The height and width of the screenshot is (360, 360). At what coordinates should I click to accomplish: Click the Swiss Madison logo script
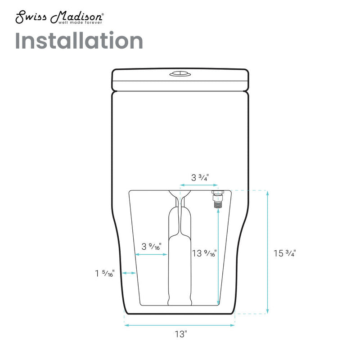[59, 17]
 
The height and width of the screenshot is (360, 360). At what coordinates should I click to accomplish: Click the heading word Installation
[79, 40]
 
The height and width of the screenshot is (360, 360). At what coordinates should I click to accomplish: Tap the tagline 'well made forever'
[80, 22]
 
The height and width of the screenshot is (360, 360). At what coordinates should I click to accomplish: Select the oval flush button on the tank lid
[180, 74]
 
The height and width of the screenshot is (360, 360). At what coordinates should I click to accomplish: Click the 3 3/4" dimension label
[200, 177]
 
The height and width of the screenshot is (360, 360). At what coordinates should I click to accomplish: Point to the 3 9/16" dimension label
[151, 246]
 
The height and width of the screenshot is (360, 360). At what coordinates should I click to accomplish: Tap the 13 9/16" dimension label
[204, 253]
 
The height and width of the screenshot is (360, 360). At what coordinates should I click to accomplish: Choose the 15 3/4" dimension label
[284, 253]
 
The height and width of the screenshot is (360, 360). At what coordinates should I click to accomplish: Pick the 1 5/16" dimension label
[105, 273]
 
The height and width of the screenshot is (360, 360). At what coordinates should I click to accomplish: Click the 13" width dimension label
[181, 334]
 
